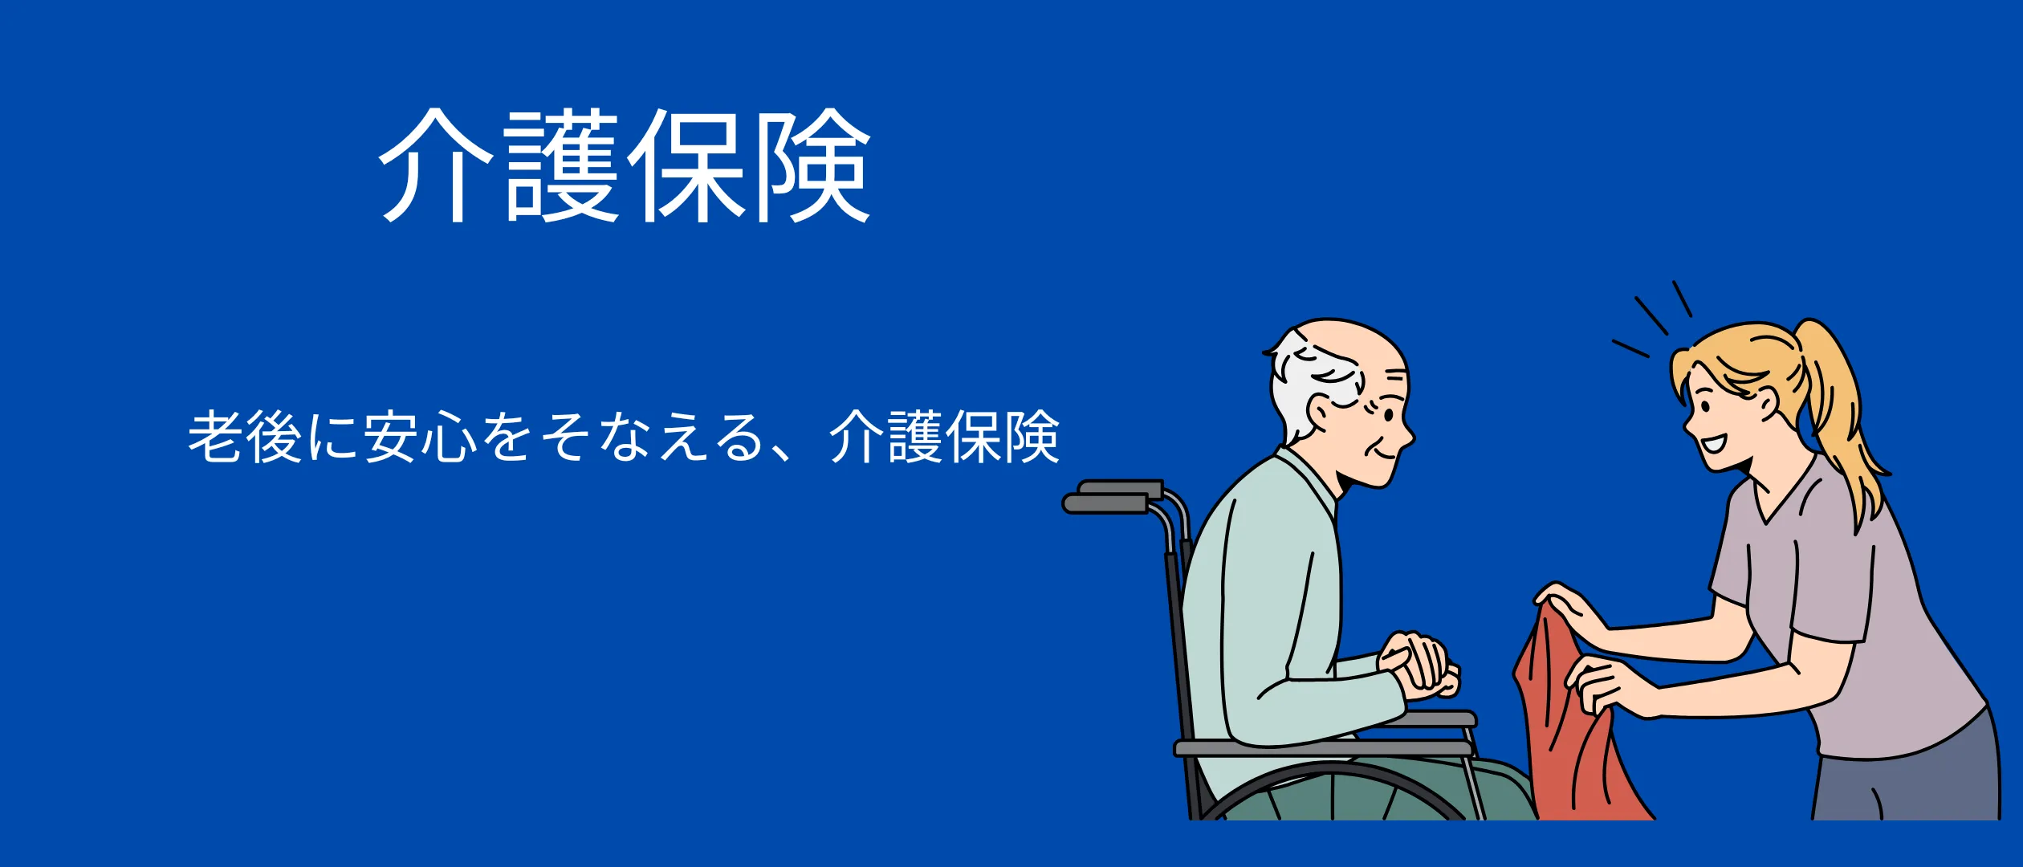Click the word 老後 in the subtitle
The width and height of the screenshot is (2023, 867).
tap(245, 437)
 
